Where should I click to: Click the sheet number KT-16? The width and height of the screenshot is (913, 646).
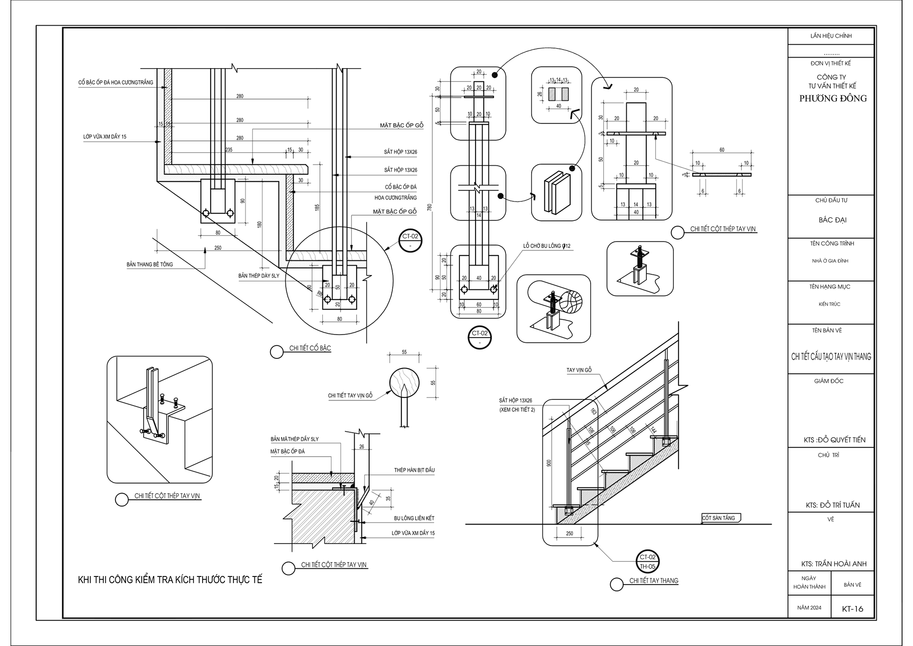852,608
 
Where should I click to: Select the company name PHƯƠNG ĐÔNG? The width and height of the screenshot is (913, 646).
833,99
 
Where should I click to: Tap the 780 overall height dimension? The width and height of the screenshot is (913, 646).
430,207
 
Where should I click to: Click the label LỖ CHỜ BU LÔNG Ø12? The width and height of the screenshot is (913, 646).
546,246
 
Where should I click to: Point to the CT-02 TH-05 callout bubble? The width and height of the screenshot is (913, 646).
647,562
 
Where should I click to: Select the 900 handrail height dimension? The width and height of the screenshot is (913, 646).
549,463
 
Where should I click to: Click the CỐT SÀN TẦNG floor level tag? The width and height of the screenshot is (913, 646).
719,518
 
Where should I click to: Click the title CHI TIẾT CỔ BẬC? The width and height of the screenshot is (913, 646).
310,348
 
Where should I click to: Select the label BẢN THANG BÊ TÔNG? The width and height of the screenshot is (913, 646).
149,264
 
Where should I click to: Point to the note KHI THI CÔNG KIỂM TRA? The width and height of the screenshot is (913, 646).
170,580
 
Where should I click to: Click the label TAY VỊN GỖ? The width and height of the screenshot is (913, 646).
579,370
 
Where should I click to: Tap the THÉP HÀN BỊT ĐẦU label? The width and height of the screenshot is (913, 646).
414,470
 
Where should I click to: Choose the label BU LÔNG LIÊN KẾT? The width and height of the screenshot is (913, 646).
414,518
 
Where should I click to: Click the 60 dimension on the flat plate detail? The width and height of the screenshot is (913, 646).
721,150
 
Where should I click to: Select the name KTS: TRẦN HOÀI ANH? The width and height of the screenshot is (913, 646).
834,564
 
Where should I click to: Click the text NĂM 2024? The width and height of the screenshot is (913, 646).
809,608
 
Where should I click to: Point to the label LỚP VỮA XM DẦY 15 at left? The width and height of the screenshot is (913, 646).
105,137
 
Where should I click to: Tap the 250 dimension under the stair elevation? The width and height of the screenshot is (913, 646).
569,534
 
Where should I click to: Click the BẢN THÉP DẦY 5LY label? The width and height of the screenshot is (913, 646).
259,276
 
